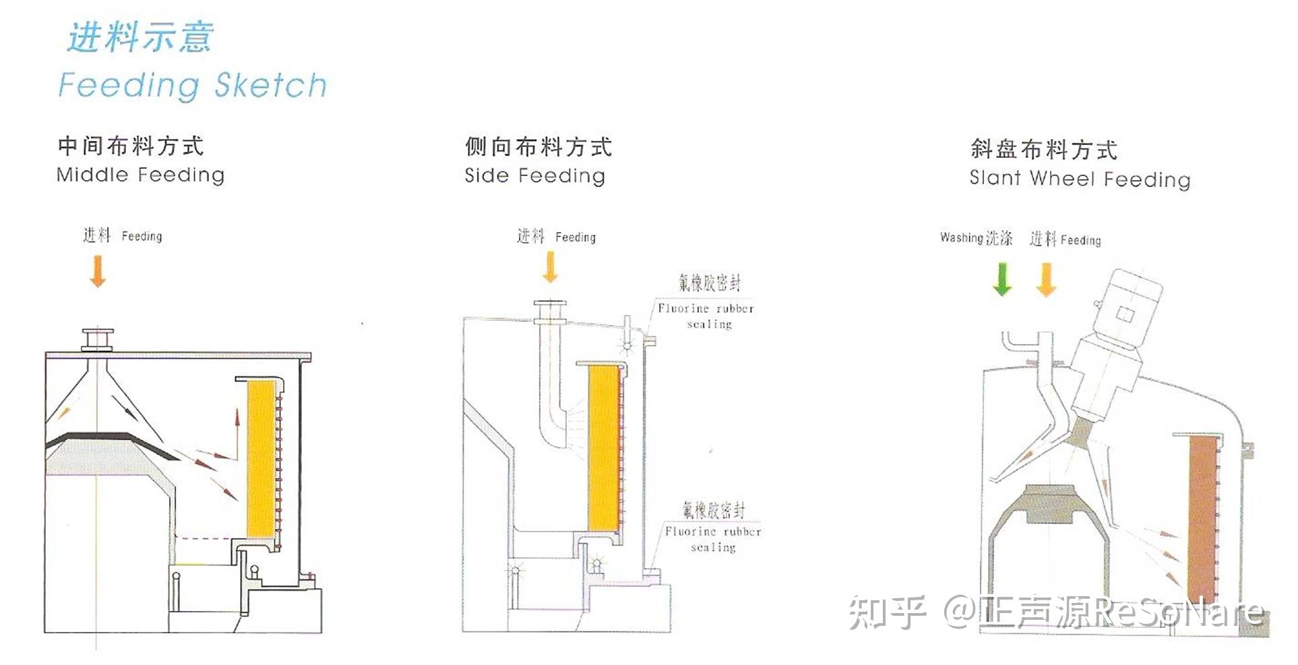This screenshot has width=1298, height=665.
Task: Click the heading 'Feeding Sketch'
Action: pyautogui.click(x=193, y=86)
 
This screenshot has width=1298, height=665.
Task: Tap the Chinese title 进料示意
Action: pyautogui.click(x=140, y=36)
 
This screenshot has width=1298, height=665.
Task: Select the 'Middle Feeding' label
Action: pyautogui.click(x=140, y=175)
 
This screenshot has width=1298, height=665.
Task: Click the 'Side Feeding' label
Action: pyautogui.click(x=534, y=176)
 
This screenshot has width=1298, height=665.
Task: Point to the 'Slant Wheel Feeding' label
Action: pyautogui.click(x=1080, y=179)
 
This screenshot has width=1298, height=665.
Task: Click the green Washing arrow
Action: pyautogui.click(x=1002, y=279)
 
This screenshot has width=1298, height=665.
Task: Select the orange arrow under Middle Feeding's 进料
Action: pyautogui.click(x=98, y=270)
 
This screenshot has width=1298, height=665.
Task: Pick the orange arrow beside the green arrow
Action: pyautogui.click(x=1046, y=279)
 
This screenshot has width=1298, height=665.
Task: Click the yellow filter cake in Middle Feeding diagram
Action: pyautogui.click(x=261, y=458)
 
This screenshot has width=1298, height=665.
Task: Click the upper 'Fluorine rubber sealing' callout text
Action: pyautogui.click(x=706, y=316)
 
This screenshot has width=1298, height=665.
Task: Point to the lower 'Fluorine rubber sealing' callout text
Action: pyautogui.click(x=713, y=539)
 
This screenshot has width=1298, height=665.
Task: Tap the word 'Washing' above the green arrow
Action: pyautogui.click(x=961, y=237)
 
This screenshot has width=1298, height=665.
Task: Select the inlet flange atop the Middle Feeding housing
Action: pyautogui.click(x=98, y=339)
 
